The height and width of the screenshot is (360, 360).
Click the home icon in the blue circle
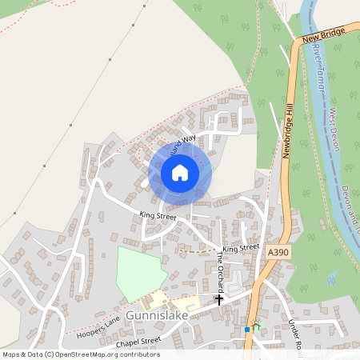click(180, 172)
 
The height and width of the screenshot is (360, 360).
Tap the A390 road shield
click(277, 252)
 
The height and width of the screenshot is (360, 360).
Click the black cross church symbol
click(219, 299)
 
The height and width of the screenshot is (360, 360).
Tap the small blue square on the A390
click(247, 329)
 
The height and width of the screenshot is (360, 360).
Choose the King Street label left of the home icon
click(157, 215)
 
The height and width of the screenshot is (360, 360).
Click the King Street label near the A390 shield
click(241, 249)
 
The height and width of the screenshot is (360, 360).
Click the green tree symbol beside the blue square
click(257, 326)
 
